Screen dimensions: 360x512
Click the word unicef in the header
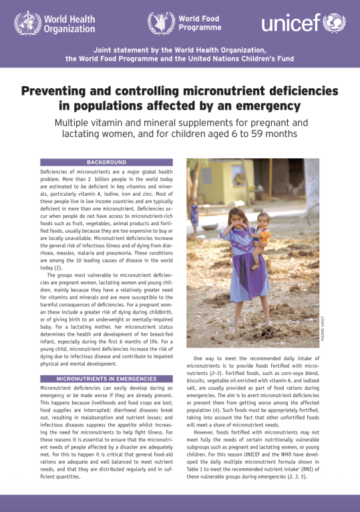tap(289, 25)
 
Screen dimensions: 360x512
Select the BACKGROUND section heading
tap(106, 162)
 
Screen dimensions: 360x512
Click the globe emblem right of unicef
tap(333, 23)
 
